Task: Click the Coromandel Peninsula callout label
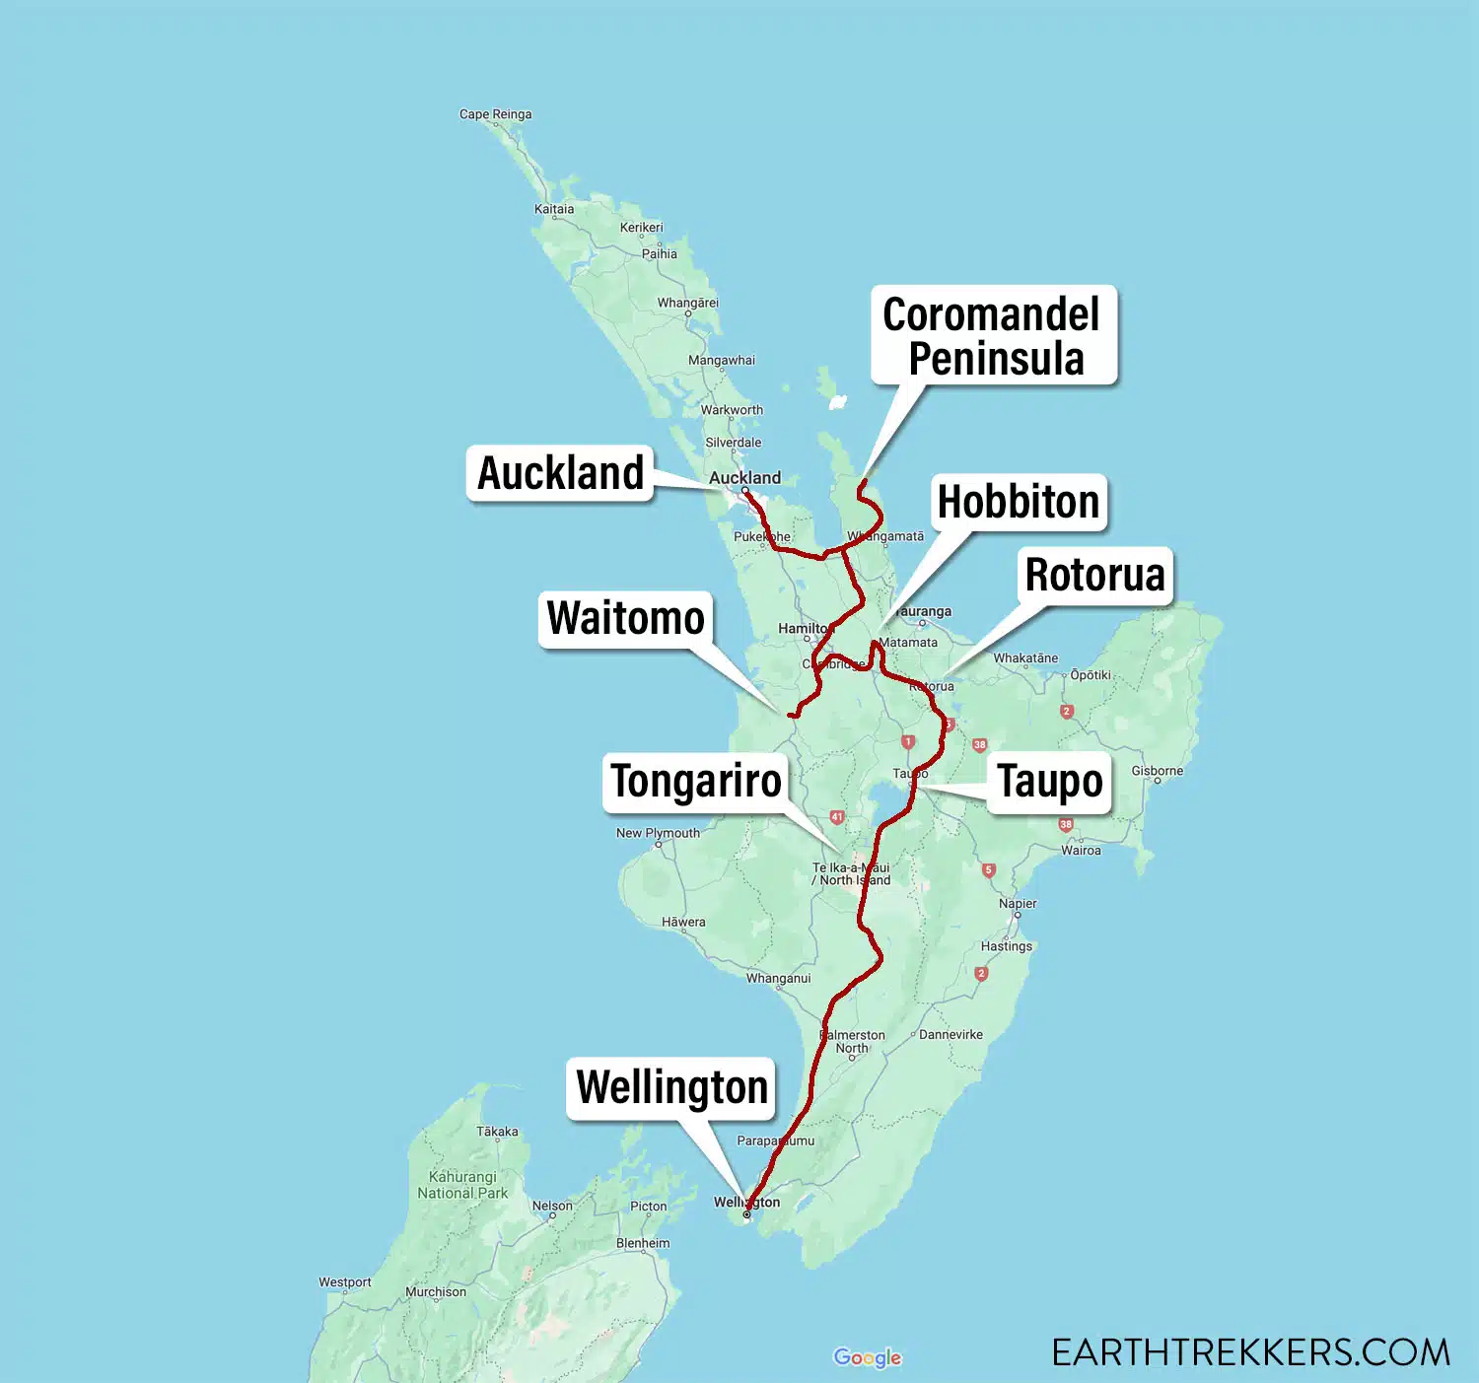point(993,335)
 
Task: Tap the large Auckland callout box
point(560,473)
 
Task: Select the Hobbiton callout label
point(1018,502)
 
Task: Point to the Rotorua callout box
point(1094,575)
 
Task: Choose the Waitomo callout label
point(625,618)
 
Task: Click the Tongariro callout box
point(696,782)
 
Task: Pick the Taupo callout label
point(1049,782)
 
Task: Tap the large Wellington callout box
point(671,1088)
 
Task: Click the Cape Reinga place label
point(495,114)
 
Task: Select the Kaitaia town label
point(554,209)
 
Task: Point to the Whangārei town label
point(688,303)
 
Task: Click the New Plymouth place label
point(658,833)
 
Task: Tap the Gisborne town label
point(1157,771)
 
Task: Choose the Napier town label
point(1018,903)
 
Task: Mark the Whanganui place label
point(778,978)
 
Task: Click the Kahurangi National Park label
point(462,1185)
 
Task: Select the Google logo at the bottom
point(867,1357)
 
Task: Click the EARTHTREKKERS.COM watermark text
point(1250,1352)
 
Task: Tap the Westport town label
point(345,1282)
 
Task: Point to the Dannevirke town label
point(951,1034)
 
